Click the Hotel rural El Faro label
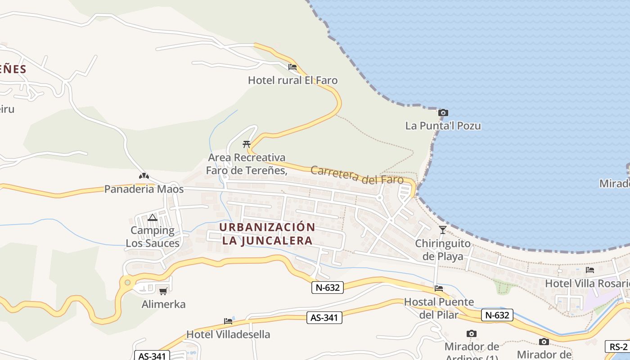(292, 81)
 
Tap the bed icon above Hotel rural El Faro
(292, 67)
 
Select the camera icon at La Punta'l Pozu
(443, 112)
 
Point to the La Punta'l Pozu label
(443, 126)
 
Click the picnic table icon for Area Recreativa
(246, 144)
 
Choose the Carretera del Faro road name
(357, 175)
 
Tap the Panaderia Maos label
(144, 189)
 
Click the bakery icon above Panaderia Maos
(144, 176)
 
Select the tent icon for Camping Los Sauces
(153, 218)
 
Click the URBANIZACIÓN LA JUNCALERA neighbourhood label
(267, 234)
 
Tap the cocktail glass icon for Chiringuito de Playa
(443, 230)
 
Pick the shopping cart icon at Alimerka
(163, 291)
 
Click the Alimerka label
(163, 304)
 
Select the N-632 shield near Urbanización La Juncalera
(328, 288)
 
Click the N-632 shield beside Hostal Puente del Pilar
(497, 315)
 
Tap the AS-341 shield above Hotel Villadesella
(324, 318)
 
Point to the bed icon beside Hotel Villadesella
(228, 321)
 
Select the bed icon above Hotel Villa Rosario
(589, 270)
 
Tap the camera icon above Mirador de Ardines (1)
(472, 333)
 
